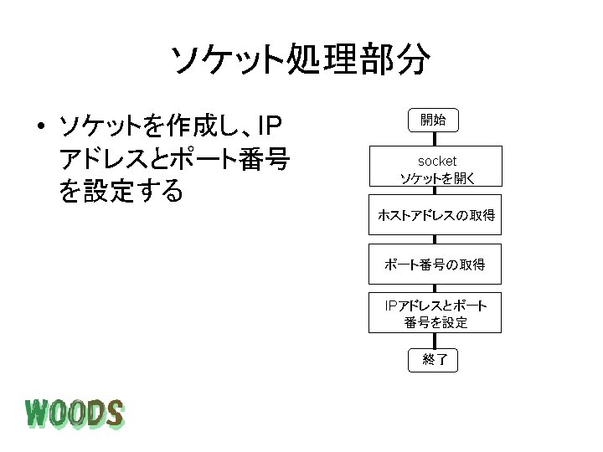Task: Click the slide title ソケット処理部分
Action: pyautogui.click(x=301, y=59)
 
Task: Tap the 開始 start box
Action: pyautogui.click(x=434, y=121)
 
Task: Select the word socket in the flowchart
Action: pyautogui.click(x=437, y=160)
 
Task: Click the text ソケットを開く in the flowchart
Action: pyautogui.click(x=437, y=177)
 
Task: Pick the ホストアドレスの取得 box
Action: pyautogui.click(x=435, y=216)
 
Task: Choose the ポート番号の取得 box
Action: pyautogui.click(x=435, y=265)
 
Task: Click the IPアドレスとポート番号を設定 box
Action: pyautogui.click(x=435, y=312)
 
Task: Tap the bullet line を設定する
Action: pyautogui.click(x=121, y=192)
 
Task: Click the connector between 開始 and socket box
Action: pyautogui.click(x=434, y=138)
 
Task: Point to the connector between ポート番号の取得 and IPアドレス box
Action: pyautogui.click(x=434, y=288)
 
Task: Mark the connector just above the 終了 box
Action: pyautogui.click(x=434, y=342)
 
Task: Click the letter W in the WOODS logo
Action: pyautogui.click(x=38, y=413)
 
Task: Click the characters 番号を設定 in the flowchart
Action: pyautogui.click(x=435, y=322)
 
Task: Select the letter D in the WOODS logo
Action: pyautogui.click(x=94, y=413)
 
